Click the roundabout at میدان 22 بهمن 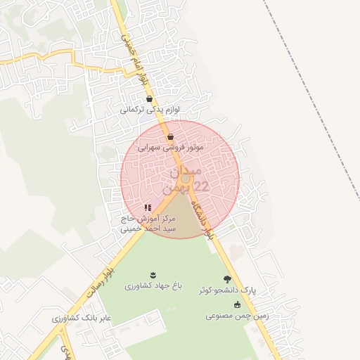[185, 179]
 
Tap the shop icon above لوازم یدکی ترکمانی [149, 99]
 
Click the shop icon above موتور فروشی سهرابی [170, 136]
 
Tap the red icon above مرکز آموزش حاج [148, 207]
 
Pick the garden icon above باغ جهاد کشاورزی [153, 274]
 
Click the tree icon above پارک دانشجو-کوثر [227, 279]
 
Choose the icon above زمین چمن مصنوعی [237, 304]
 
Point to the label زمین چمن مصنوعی [236, 316]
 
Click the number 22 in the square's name [200, 186]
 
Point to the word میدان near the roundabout [186, 170]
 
